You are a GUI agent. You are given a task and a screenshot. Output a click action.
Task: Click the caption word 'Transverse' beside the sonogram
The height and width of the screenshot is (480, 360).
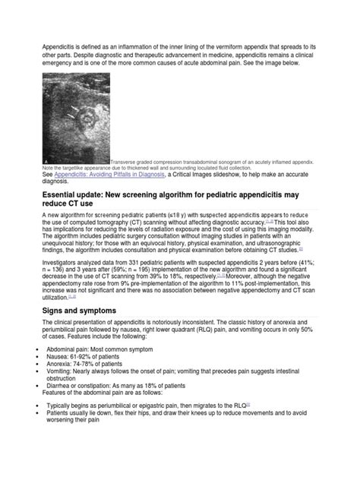click(x=125, y=161)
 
